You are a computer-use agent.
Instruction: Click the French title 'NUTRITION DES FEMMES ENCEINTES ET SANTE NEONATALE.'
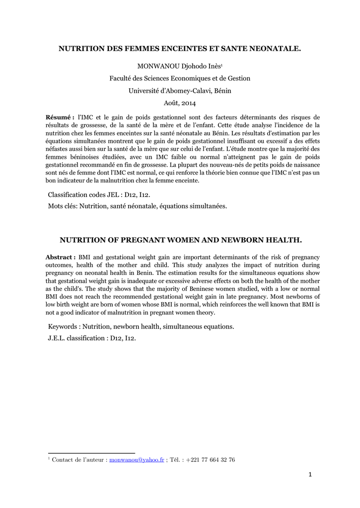pyautogui.click(x=180, y=49)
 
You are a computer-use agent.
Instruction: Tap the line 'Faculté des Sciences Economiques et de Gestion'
pyautogui.click(x=180, y=78)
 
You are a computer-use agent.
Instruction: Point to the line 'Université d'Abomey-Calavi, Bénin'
pyautogui.click(x=180, y=91)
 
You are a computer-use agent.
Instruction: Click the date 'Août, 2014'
pyautogui.click(x=180, y=103)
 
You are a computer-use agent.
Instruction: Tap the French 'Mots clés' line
pyautogui.click(x=137, y=206)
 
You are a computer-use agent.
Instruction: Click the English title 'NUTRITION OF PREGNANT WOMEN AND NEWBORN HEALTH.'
pyautogui.click(x=181, y=240)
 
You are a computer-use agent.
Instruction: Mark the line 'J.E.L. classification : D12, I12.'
pyautogui.click(x=92, y=338)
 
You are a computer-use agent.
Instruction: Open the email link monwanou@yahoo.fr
pyautogui.click(x=137, y=460)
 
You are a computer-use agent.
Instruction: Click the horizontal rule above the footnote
pyautogui.click(x=91, y=453)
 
